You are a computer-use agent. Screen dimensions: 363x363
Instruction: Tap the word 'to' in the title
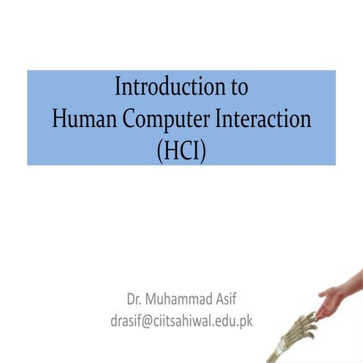pos(238,88)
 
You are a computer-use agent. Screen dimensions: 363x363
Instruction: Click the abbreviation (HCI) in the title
pos(181,150)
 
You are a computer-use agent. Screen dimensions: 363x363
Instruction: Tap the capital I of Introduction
pos(118,87)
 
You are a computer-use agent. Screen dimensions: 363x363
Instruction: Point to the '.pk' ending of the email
pos(243,320)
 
